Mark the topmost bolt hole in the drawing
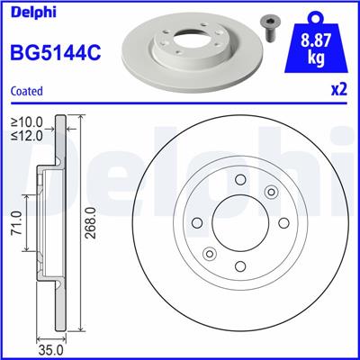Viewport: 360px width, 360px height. tap(240, 179)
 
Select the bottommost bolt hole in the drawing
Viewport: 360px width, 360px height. tap(240, 264)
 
